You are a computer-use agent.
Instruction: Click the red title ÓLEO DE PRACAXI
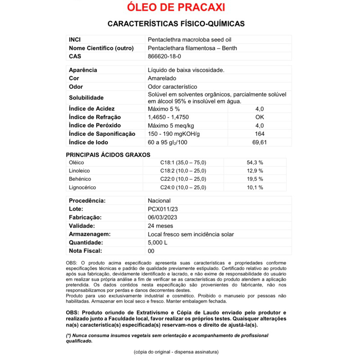point(176,8)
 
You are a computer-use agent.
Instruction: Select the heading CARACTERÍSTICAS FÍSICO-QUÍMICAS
point(176,23)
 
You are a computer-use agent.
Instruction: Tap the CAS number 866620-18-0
point(165,57)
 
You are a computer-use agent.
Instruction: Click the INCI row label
point(75,40)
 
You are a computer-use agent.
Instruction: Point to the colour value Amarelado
point(162,78)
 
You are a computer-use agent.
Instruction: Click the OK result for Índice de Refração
point(260,117)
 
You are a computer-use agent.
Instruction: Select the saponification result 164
point(260,134)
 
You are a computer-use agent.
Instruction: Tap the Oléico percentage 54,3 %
point(255,162)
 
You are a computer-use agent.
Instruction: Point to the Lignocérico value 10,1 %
point(255,187)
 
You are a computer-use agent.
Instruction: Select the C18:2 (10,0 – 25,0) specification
point(183,171)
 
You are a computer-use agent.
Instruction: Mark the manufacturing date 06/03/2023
point(165,217)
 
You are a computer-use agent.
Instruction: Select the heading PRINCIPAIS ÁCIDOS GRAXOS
point(108,154)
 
